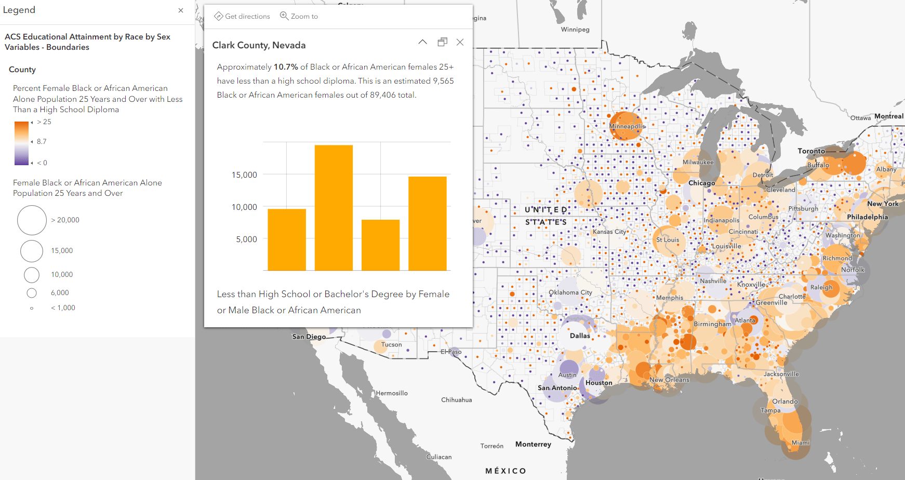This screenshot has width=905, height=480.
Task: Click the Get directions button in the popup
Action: (242, 16)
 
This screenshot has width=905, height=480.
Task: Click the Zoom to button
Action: (299, 16)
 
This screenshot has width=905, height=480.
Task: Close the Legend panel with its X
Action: (181, 10)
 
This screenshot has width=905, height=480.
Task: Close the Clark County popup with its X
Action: (460, 42)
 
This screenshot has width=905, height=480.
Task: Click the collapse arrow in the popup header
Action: (423, 42)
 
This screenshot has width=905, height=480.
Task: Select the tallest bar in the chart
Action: (334, 208)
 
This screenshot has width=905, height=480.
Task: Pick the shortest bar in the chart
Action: (380, 245)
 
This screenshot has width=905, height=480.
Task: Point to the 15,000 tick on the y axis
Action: (244, 175)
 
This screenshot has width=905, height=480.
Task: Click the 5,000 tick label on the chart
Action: (246, 239)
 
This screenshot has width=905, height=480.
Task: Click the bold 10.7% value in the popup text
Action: (286, 67)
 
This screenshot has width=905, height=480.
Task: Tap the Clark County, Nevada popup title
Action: (259, 45)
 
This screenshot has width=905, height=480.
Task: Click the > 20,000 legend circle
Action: (32, 220)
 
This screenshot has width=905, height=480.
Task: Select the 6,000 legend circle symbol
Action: (32, 293)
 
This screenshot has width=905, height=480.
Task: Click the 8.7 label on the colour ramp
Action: (42, 142)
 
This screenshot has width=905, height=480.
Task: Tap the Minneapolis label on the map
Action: (627, 126)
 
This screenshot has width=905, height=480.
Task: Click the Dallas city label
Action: (580, 336)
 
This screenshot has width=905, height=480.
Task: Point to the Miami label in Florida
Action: (800, 443)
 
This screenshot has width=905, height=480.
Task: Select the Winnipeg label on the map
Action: (575, 30)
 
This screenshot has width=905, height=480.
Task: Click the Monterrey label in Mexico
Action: (533, 444)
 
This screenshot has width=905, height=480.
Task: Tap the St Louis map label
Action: (668, 240)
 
